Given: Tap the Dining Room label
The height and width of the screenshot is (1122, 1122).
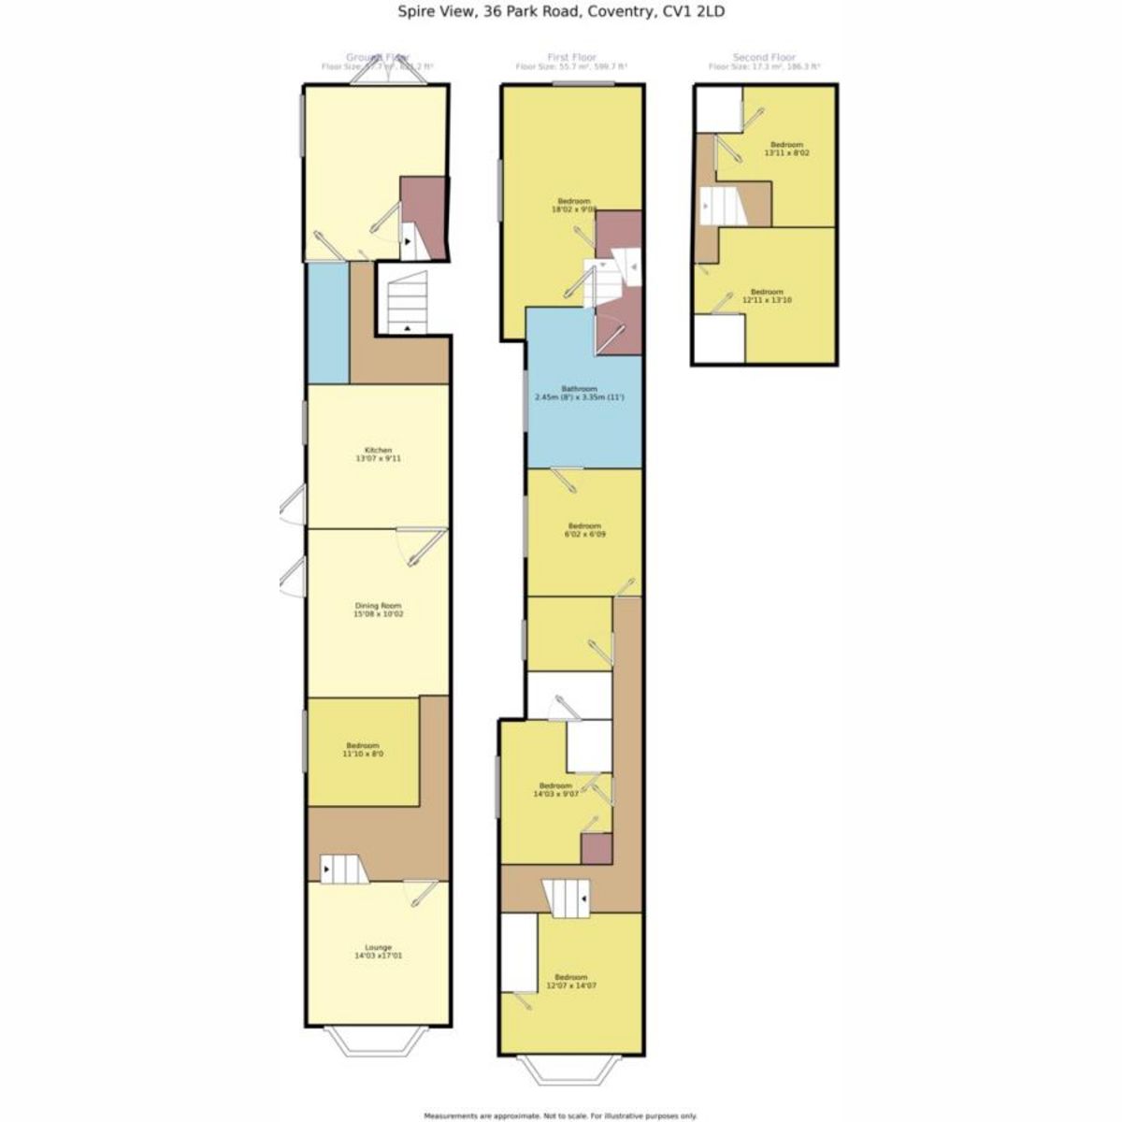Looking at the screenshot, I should click(x=379, y=610).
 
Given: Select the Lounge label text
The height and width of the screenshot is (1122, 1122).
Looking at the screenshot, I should click(x=379, y=951).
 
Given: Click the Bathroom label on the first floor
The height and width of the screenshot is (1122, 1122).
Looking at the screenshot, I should click(x=579, y=393).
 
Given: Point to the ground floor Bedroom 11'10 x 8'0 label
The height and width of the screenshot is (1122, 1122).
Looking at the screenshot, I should click(x=364, y=749).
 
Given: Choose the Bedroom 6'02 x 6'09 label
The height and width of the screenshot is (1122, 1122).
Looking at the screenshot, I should click(x=583, y=530).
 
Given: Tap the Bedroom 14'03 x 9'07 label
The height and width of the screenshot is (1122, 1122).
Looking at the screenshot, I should click(x=555, y=789).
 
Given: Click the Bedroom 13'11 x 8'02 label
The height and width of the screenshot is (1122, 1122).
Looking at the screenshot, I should click(x=786, y=148).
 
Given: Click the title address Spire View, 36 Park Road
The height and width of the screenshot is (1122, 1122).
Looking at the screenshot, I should click(x=561, y=12).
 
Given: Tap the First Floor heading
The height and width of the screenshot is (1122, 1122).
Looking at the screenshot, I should click(x=571, y=58).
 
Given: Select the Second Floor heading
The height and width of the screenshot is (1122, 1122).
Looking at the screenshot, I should click(x=764, y=58).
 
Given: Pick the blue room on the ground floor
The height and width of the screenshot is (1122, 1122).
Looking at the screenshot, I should click(x=328, y=323).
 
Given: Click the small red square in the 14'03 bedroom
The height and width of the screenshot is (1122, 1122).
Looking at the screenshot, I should click(x=597, y=848).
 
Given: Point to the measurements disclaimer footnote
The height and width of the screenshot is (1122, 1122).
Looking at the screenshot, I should click(x=561, y=1115).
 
